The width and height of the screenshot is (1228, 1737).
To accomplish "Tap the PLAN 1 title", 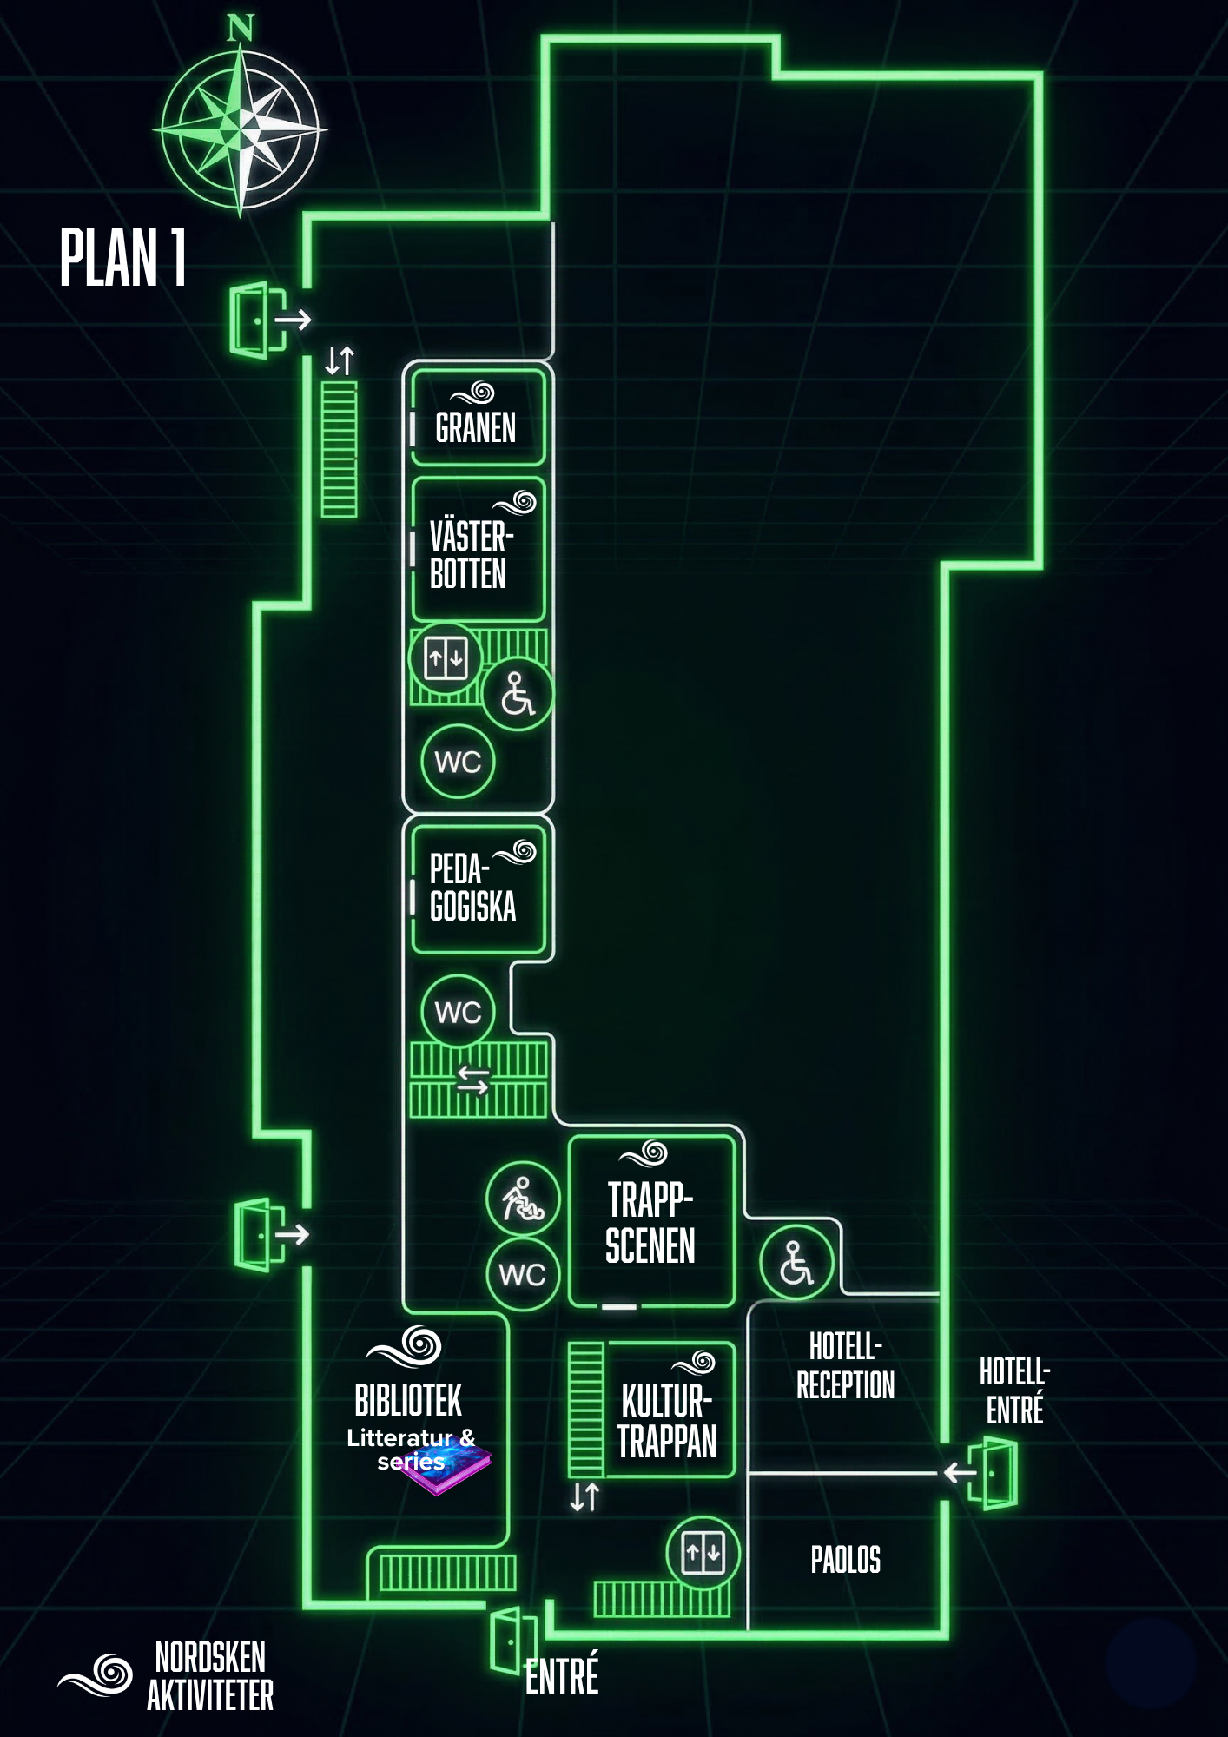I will [122, 257].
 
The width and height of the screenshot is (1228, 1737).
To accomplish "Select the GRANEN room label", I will [475, 427].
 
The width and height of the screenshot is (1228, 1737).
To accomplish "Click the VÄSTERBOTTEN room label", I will [470, 555].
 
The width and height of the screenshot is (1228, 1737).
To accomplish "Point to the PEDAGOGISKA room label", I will [472, 888].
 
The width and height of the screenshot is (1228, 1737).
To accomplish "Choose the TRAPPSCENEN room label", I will [650, 1223].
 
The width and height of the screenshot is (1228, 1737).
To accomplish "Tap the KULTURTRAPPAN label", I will [666, 1421].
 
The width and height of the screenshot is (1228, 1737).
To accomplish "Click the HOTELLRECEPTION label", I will [845, 1366].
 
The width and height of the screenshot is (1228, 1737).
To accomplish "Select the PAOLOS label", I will [845, 1560].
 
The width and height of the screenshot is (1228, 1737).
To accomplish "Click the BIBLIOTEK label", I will [408, 1400].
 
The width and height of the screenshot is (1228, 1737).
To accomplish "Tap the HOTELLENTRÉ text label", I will [1014, 1390].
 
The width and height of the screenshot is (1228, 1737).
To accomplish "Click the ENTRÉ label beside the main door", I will [562, 1675].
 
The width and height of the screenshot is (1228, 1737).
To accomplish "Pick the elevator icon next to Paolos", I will [703, 1552].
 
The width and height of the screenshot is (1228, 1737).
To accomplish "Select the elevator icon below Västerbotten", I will [446, 658].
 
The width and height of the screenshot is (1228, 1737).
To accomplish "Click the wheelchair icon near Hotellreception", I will [796, 1263].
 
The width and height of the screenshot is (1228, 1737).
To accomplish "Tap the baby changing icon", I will [523, 1199].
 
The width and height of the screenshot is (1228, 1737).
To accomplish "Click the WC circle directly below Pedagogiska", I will [458, 1011].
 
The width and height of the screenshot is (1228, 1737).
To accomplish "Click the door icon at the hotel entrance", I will [994, 1473].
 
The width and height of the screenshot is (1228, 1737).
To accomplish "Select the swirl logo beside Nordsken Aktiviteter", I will [97, 1675].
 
